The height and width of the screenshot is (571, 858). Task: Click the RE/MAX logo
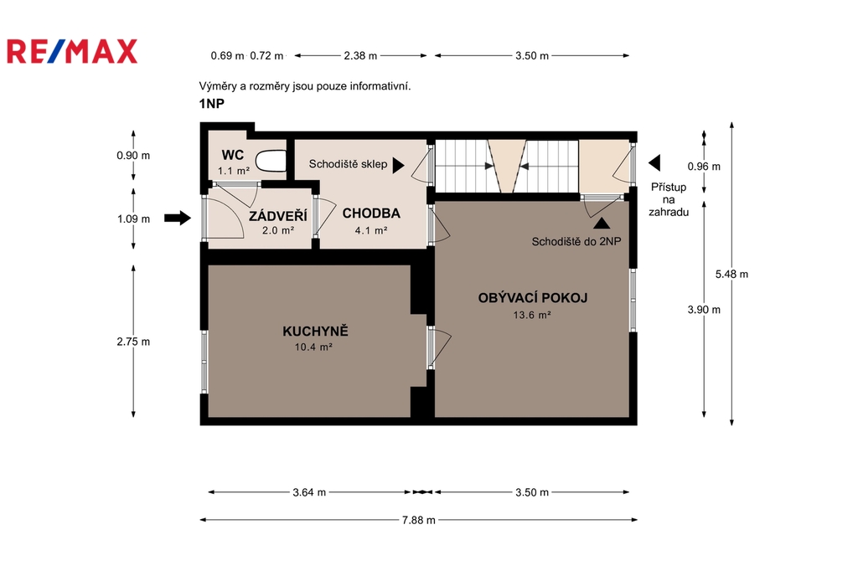(72, 51)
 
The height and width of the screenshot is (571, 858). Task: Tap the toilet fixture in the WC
(271, 162)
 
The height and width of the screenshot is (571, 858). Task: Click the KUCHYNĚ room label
(315, 331)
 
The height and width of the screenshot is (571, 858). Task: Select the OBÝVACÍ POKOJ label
(532, 297)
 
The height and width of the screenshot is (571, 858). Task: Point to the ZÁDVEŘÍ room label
(278, 215)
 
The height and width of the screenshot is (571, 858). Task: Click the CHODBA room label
(371, 213)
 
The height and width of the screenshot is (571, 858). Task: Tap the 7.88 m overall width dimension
(419, 520)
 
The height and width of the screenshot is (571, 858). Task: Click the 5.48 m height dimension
(731, 274)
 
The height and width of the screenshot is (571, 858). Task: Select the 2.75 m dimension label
(133, 342)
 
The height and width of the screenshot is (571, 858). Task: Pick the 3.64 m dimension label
(309, 492)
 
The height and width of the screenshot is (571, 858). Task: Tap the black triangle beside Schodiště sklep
(398, 165)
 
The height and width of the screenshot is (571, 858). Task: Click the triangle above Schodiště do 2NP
(602, 224)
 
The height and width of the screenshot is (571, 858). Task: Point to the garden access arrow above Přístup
(654, 162)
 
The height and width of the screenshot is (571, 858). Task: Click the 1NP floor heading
(211, 103)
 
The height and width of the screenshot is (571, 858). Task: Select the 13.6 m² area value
(532, 315)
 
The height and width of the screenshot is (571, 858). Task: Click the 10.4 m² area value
(313, 347)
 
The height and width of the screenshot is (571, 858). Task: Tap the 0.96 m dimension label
(704, 167)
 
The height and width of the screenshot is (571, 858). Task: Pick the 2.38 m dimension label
(360, 55)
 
